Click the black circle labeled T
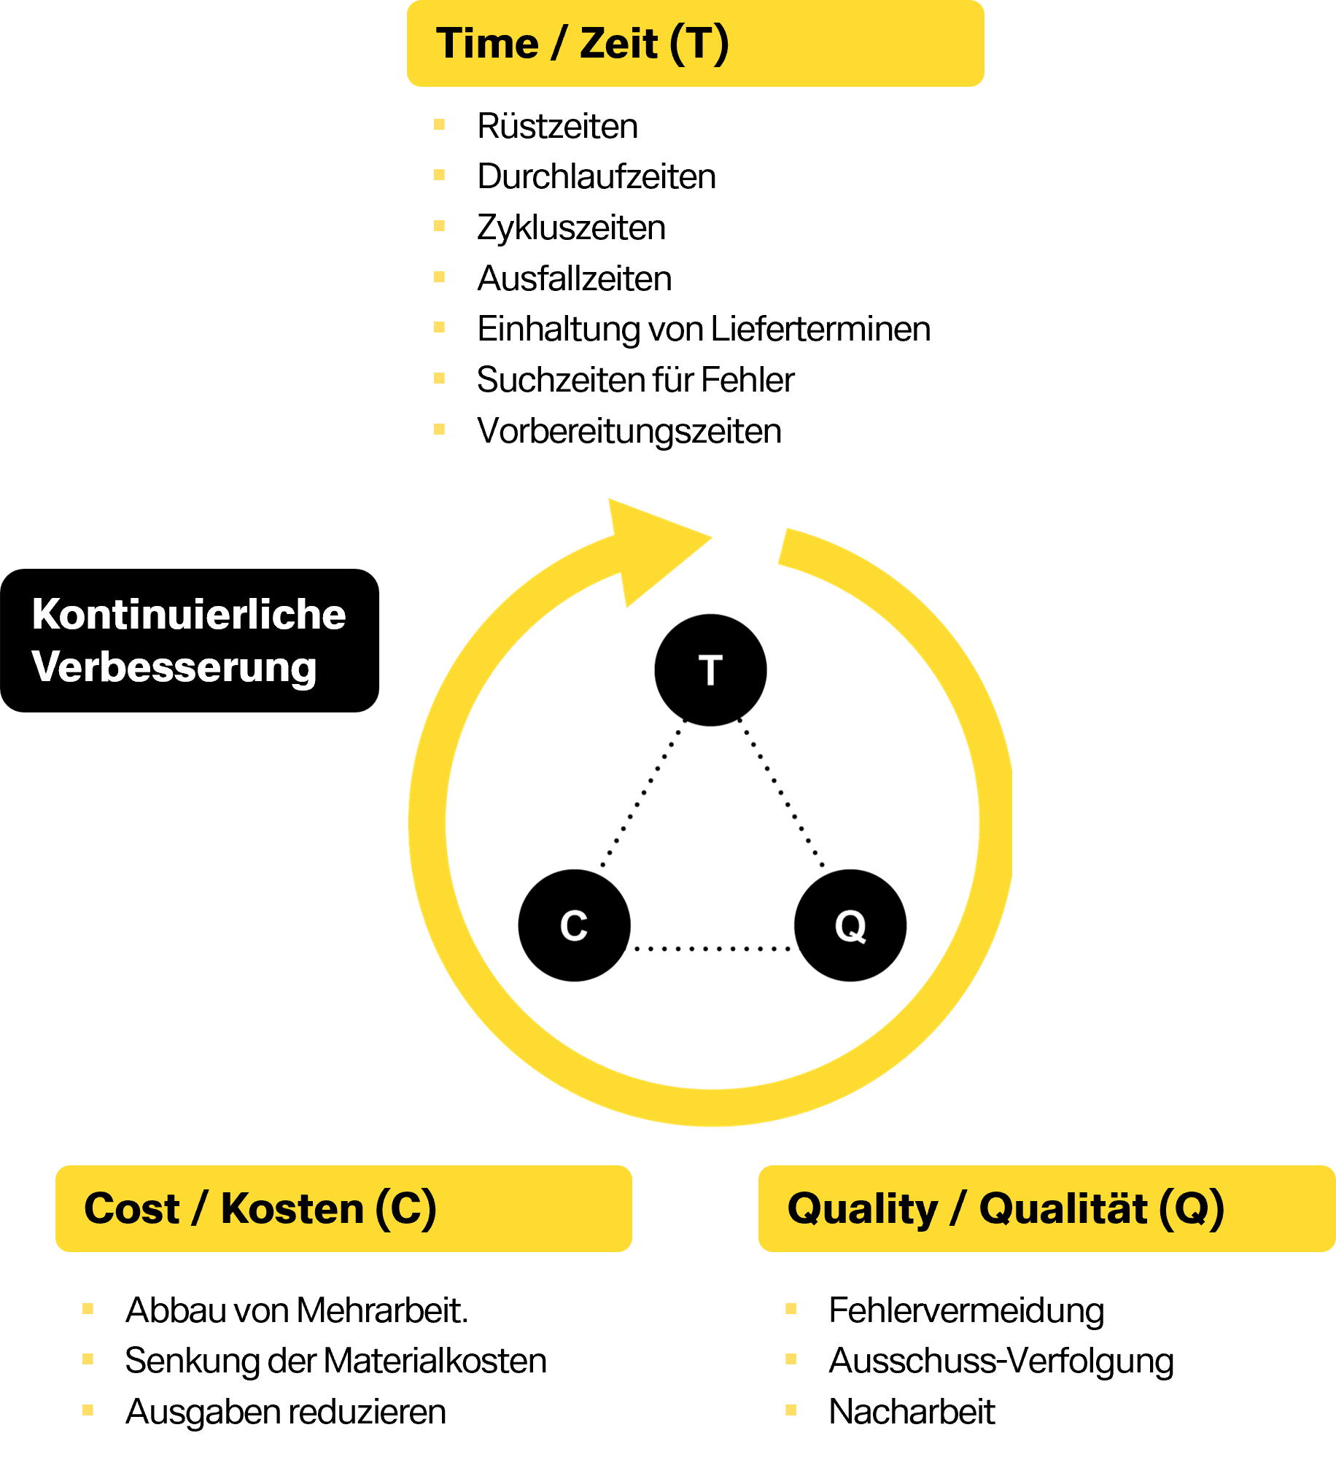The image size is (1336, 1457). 710,670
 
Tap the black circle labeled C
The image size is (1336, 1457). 575,925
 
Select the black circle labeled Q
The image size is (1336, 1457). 850,925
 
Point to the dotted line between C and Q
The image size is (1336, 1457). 712,949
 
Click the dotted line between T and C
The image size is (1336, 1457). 643,793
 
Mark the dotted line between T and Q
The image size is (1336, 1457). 781,793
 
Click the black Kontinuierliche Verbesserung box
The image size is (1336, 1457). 190,640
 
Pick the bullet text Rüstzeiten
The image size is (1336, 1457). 558,126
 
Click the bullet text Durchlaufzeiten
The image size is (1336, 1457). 597,176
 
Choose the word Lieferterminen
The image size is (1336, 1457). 820,329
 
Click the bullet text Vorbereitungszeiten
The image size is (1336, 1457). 629,431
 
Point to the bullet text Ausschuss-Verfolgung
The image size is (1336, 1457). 1001,1361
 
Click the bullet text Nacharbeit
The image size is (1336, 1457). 912,1412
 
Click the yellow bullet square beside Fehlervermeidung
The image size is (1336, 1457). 791,1309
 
